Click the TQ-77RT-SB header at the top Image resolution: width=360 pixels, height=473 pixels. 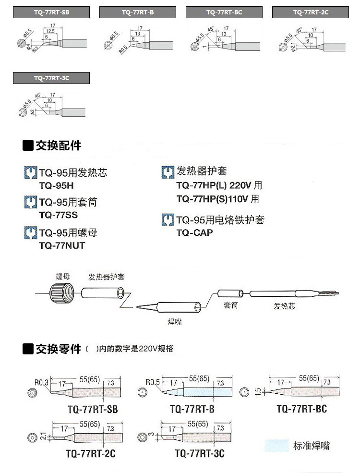(51, 12)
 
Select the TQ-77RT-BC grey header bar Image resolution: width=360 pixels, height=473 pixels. (224, 12)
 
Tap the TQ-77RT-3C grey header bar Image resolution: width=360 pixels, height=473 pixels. (51, 78)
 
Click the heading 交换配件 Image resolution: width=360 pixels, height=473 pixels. (58, 145)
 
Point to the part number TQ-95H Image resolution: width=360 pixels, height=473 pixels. (56, 185)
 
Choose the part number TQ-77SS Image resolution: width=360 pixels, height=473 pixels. (58, 215)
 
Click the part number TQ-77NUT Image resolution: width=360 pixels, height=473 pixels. (62, 245)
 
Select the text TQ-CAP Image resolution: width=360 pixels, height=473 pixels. (194, 232)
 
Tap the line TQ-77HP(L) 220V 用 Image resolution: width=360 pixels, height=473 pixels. (219, 185)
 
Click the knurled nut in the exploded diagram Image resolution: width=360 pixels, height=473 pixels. (62, 292)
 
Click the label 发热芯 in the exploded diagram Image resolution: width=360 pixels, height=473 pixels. (284, 306)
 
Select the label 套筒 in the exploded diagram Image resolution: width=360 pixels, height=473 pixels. (231, 305)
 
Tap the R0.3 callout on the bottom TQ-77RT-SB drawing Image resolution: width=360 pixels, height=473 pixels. (42, 382)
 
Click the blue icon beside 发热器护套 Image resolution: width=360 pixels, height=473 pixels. (168, 171)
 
